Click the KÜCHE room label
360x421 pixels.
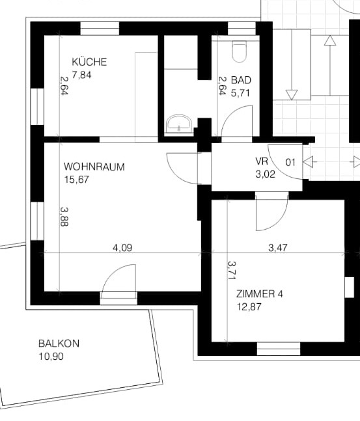(89, 62)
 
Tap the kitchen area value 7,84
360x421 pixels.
(81, 75)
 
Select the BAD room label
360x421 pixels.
(241, 80)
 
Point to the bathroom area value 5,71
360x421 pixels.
(240, 92)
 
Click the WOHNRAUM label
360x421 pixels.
(94, 167)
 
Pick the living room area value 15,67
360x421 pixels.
(77, 180)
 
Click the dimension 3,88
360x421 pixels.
(64, 217)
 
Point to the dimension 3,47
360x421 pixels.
(280, 247)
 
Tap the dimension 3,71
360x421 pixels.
(231, 271)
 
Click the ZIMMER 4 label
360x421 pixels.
(260, 294)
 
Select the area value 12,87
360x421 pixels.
(249, 306)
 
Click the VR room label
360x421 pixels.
(262, 161)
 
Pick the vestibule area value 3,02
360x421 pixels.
(265, 174)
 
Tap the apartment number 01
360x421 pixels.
(290, 163)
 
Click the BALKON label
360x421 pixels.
(59, 344)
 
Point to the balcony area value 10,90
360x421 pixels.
(51, 357)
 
